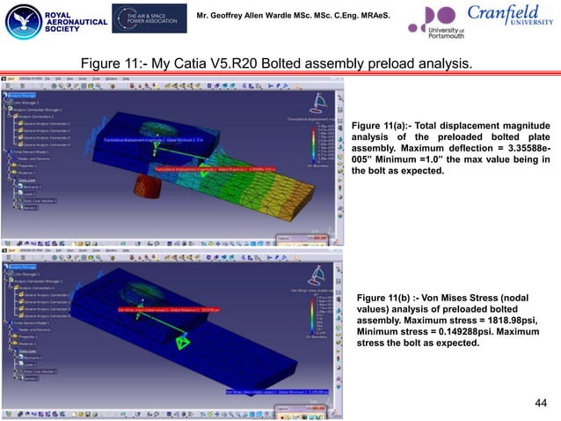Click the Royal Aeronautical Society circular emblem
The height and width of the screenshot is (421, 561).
[x=18, y=22]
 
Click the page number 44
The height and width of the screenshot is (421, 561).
[x=540, y=403]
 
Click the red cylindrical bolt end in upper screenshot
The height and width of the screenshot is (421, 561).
[x=142, y=185]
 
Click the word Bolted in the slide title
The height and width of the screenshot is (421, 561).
[x=274, y=64]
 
